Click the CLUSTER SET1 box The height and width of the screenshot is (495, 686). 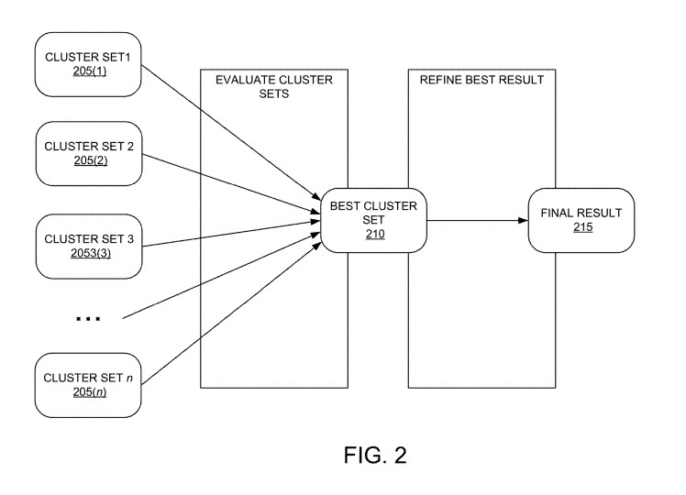pos(88,64)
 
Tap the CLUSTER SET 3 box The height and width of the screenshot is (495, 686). pos(88,246)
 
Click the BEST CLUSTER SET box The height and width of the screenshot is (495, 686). pos(372,220)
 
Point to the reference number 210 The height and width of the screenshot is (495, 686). pos(373,235)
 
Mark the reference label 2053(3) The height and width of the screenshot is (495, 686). pos(89,253)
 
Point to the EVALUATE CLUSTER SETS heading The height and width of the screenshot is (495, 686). pos(274,86)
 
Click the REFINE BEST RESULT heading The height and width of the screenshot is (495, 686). pos(481,80)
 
